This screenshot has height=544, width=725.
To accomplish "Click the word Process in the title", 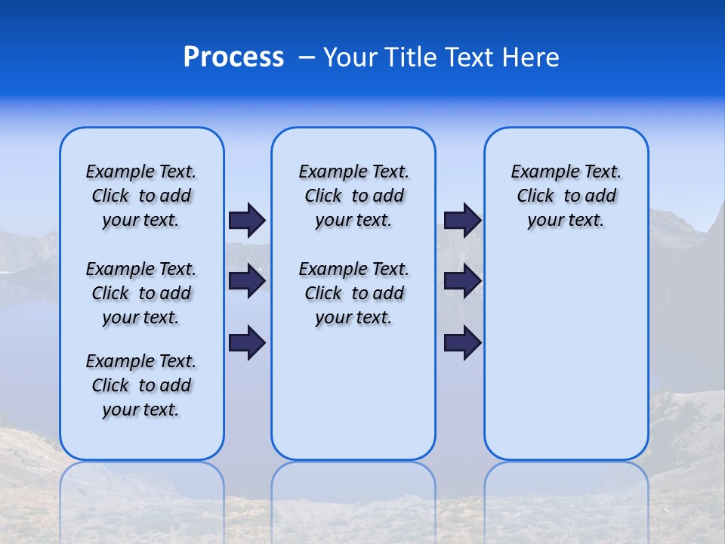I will point(233,57).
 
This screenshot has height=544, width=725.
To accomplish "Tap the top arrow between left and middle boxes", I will point(247,220).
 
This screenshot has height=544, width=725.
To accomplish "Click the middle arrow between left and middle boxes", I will point(247,281).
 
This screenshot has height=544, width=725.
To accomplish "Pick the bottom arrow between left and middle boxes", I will point(247,342).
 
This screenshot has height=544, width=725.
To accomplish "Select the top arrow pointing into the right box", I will point(462,220).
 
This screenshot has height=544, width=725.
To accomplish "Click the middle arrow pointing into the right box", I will point(462,281).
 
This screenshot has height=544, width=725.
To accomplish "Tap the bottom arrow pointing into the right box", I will point(462,342).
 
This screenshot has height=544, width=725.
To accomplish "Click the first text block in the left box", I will point(141,196).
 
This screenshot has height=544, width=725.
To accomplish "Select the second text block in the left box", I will point(141,293).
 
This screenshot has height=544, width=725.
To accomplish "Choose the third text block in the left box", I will point(141,385).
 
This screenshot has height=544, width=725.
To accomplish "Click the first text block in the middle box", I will point(353,196).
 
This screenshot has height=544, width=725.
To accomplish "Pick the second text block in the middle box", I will point(353,293).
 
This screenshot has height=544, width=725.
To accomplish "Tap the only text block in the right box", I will point(566,196).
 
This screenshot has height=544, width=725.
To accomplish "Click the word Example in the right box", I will point(541,172).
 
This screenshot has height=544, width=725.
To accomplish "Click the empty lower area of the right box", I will point(566,363).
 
